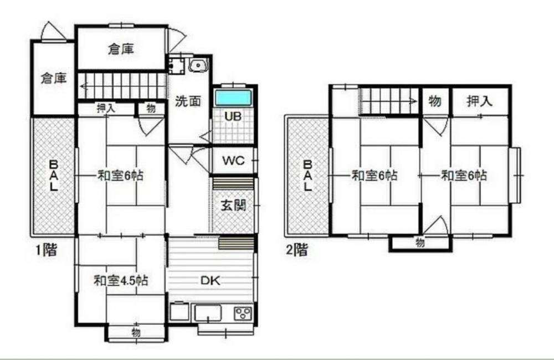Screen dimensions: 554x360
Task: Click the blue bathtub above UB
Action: tap(233, 98)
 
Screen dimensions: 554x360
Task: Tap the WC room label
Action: tap(233, 161)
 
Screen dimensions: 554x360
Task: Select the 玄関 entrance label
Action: tap(233, 205)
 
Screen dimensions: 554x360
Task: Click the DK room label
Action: tap(211, 280)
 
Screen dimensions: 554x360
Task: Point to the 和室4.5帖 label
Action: tap(121, 280)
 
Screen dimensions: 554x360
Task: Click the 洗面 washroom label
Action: tap(188, 101)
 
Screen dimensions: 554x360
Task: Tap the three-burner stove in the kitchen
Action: tap(243, 313)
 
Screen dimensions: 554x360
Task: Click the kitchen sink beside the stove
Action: tap(208, 313)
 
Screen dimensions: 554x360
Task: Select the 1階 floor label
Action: tap(46, 250)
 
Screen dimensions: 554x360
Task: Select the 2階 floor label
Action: tap(297, 250)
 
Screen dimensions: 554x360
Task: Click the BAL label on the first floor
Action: tap(53, 176)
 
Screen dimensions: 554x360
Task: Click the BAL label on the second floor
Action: tap(307, 176)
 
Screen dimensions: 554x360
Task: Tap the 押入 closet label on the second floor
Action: tap(479, 101)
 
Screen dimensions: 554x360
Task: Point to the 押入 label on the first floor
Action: tap(106, 108)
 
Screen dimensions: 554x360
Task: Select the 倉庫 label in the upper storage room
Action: tap(121, 49)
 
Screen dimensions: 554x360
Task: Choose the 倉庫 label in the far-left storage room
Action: tap(53, 78)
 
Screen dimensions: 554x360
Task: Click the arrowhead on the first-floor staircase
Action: tap(84, 86)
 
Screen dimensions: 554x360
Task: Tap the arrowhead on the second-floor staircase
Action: tap(413, 101)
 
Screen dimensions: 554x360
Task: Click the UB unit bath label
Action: tap(233, 116)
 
